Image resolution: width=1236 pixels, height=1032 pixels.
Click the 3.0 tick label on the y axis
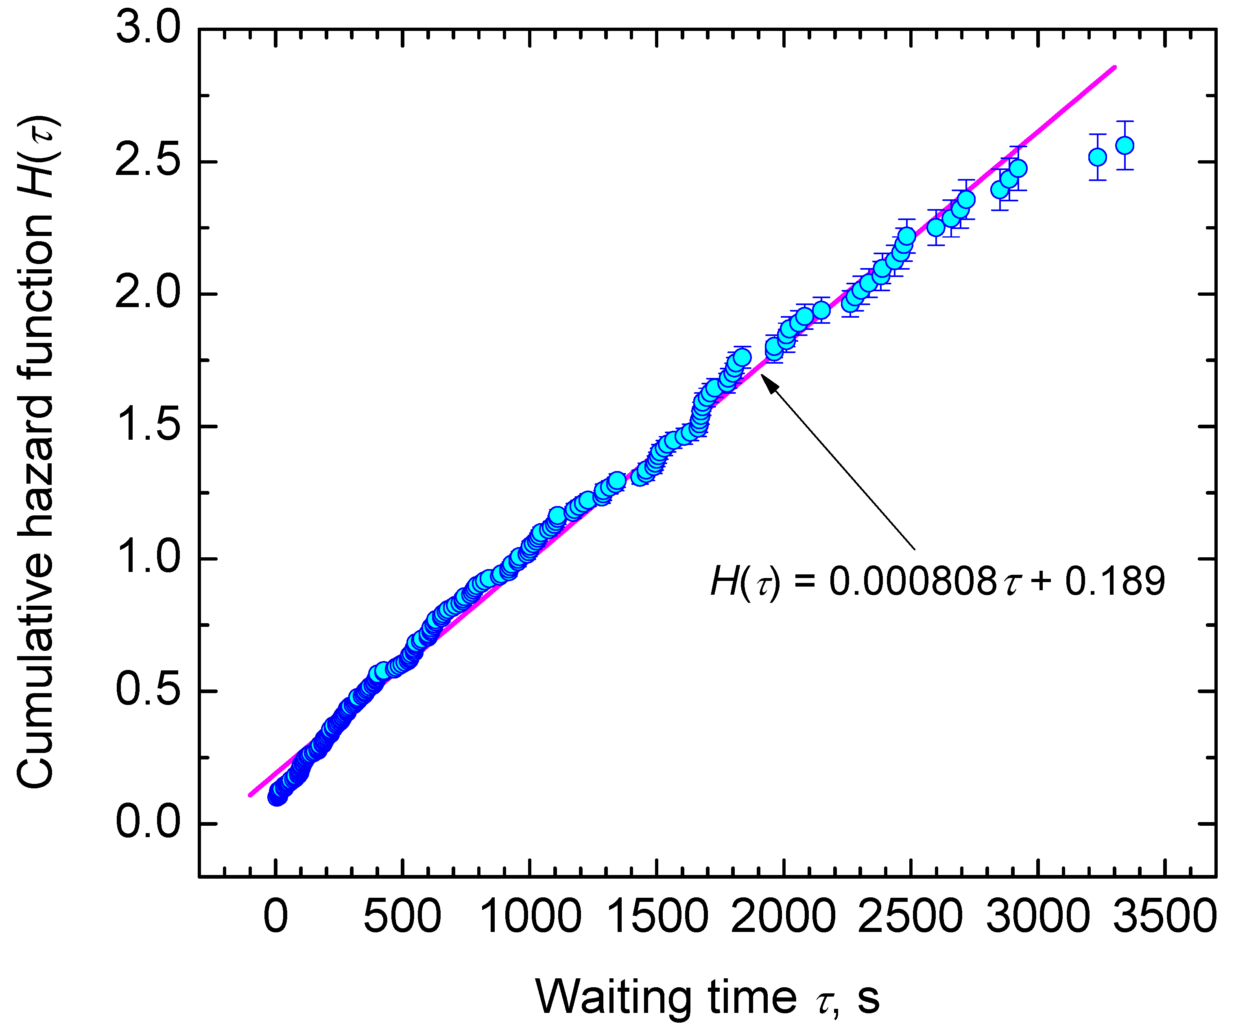click(x=148, y=29)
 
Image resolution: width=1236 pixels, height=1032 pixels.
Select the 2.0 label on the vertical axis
click(x=148, y=294)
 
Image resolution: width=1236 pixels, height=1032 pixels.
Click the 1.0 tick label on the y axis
click(x=148, y=559)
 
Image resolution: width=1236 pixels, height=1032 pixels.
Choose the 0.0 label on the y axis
click(x=148, y=823)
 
